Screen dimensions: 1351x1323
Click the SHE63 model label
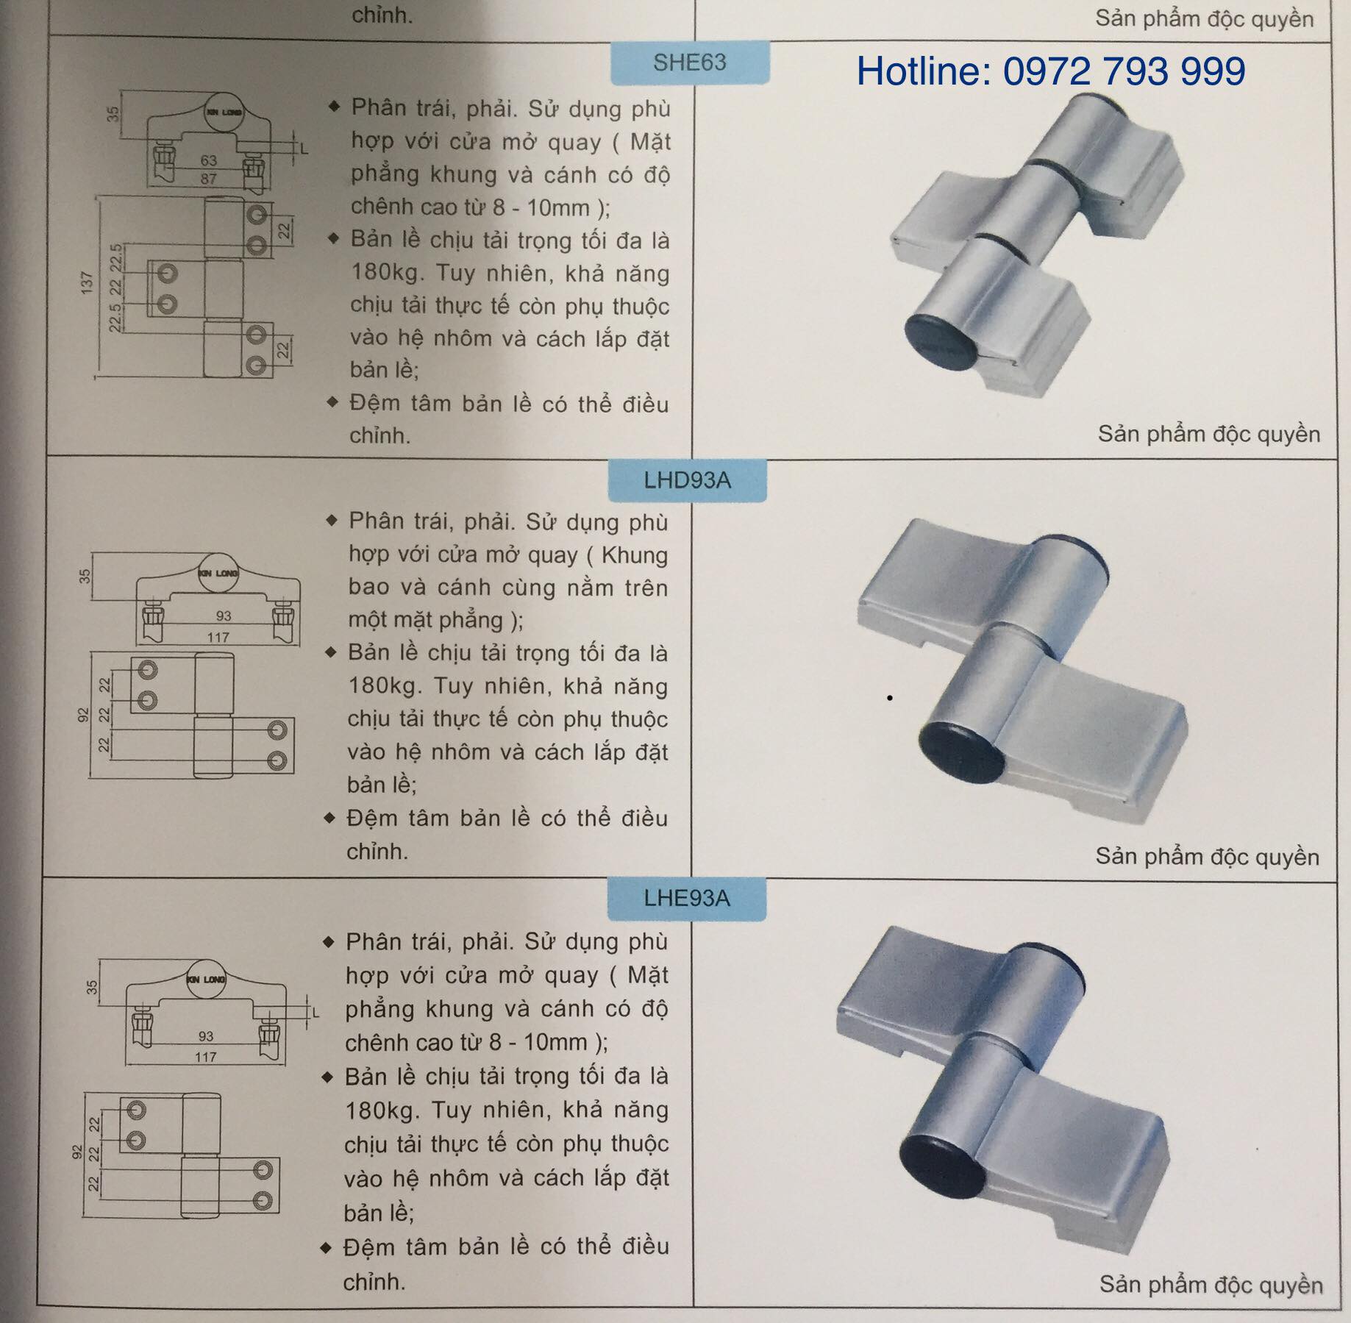(689, 63)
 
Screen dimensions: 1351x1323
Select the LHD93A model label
(687, 480)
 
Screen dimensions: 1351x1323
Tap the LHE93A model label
(687, 898)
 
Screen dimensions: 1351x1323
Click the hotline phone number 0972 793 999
(1124, 71)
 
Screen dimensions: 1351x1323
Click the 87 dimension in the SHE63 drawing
(209, 178)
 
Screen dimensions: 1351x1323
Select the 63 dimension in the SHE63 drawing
(209, 160)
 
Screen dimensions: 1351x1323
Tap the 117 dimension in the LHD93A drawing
(218, 637)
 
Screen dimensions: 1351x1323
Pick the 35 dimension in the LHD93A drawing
(85, 576)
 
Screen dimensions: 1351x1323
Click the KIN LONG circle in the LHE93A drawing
(206, 979)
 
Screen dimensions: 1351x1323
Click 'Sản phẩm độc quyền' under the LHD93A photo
(1208, 857)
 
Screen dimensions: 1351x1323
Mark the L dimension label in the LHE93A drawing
(316, 1013)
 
